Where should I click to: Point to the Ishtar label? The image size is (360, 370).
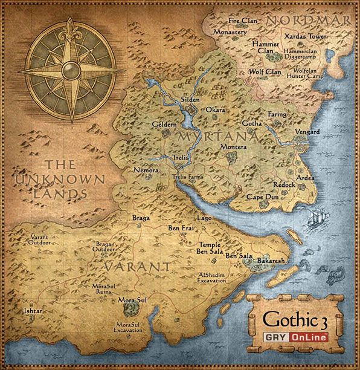(x=33, y=311)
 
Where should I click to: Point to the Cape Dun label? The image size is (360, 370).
(x=262, y=197)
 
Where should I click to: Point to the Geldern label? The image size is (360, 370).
(x=164, y=123)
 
